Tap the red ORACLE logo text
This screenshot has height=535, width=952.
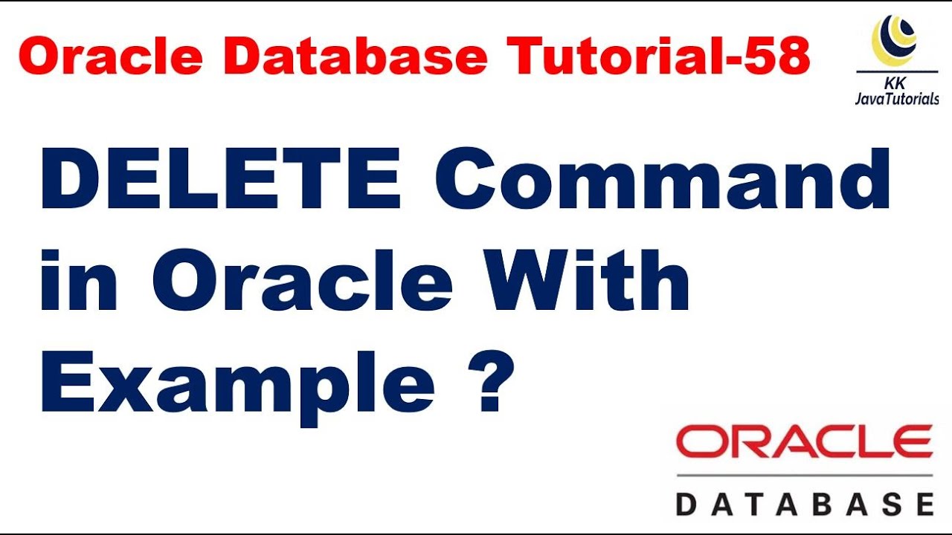click(804, 443)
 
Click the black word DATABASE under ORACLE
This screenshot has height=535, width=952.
click(804, 503)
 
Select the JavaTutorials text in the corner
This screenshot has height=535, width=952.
click(897, 100)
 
